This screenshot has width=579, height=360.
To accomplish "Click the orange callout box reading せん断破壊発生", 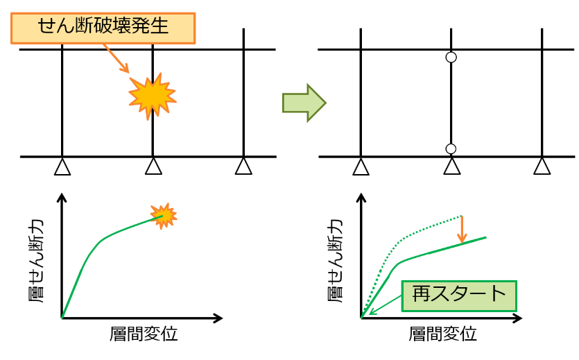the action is [x=103, y=28].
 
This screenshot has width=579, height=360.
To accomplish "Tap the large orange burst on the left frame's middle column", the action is [x=152, y=96].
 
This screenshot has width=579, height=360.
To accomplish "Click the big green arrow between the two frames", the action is [x=304, y=103].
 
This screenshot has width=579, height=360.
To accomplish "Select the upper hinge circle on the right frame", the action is [x=451, y=58].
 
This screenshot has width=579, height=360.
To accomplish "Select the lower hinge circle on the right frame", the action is [x=451, y=149].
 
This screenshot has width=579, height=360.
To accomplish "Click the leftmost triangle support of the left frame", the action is [x=62, y=166].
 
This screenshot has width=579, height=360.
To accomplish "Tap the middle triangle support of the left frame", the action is [x=153, y=166].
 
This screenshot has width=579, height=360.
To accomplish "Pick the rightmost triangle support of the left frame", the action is [x=243, y=166].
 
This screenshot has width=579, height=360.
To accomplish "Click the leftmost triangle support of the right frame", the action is [x=361, y=166].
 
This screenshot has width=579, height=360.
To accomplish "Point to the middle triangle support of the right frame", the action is [x=451, y=166].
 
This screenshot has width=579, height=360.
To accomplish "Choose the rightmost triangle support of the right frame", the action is [x=542, y=166].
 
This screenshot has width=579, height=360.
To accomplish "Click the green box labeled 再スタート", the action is [x=459, y=296].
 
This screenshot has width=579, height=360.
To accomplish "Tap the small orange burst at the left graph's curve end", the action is [x=164, y=216].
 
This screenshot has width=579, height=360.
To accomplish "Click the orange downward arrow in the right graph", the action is [x=462, y=230].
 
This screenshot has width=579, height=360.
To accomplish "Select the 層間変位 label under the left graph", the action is [x=144, y=334].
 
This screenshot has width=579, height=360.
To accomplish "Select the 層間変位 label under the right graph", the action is [x=442, y=334].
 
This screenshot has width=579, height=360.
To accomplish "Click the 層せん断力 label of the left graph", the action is [x=36, y=261].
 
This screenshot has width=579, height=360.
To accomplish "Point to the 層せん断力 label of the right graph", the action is [x=336, y=261].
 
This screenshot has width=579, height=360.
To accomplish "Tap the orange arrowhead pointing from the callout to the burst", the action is [x=125, y=68].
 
